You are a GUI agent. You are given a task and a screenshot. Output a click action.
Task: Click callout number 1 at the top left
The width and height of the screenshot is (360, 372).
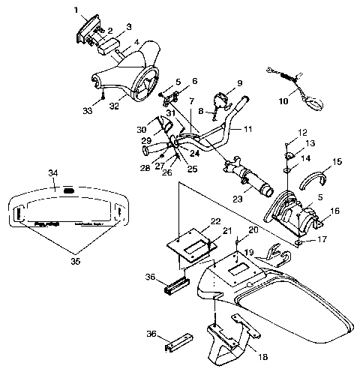point(76,10)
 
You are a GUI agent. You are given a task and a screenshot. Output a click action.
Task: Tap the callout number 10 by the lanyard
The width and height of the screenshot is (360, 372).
point(283,99)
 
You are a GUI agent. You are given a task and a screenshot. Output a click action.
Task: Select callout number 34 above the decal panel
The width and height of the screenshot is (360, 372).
point(53,173)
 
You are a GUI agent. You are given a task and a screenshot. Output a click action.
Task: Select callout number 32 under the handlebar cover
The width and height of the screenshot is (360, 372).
point(115,106)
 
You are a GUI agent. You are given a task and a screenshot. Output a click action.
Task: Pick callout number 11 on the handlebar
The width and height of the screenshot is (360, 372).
point(247,129)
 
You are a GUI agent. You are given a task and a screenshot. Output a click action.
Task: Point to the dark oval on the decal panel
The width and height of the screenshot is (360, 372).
point(68,191)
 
